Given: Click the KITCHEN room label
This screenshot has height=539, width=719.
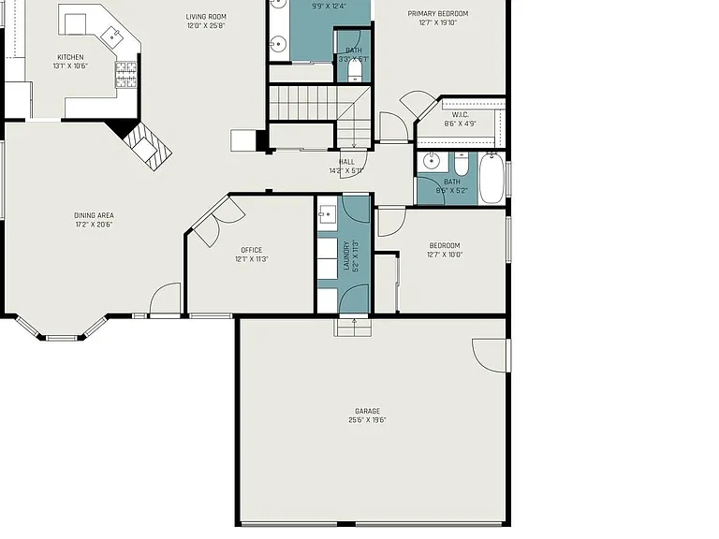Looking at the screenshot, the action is tap(70, 57).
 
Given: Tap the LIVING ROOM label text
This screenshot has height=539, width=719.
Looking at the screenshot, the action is tap(206, 17).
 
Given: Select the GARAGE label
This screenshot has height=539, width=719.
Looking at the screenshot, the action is tap(367, 411).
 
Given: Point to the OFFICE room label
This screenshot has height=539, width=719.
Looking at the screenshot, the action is tap(252, 250).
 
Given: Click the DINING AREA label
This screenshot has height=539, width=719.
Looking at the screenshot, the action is tap(94, 215).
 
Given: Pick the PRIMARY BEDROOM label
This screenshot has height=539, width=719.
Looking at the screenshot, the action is tap(438, 14).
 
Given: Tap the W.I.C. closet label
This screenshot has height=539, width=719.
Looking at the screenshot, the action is tap(460, 114).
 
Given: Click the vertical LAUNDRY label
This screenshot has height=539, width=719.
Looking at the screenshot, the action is tap(346, 255).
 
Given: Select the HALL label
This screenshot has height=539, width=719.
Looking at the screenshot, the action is tap(346, 162).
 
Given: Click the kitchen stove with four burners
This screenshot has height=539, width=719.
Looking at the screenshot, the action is tap(126, 75).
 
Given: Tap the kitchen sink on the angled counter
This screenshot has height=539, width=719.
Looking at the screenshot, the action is tap(111, 36).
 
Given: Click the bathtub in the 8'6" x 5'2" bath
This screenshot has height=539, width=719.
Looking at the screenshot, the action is tap(492, 178).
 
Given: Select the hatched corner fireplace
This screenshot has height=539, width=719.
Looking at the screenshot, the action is tap(147, 146).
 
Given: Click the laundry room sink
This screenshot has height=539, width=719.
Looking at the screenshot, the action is tap(327, 213).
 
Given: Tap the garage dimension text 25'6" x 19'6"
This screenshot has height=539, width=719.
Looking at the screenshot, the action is tap(367, 420).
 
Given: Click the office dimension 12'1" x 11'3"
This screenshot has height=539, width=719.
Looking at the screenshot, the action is tap(252, 259).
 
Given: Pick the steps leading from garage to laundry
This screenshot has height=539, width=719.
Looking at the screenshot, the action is tap(353, 328).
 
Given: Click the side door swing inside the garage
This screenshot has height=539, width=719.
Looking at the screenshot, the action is tap(490, 356).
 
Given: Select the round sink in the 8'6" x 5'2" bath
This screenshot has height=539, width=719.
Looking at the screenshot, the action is tap(431, 161).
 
